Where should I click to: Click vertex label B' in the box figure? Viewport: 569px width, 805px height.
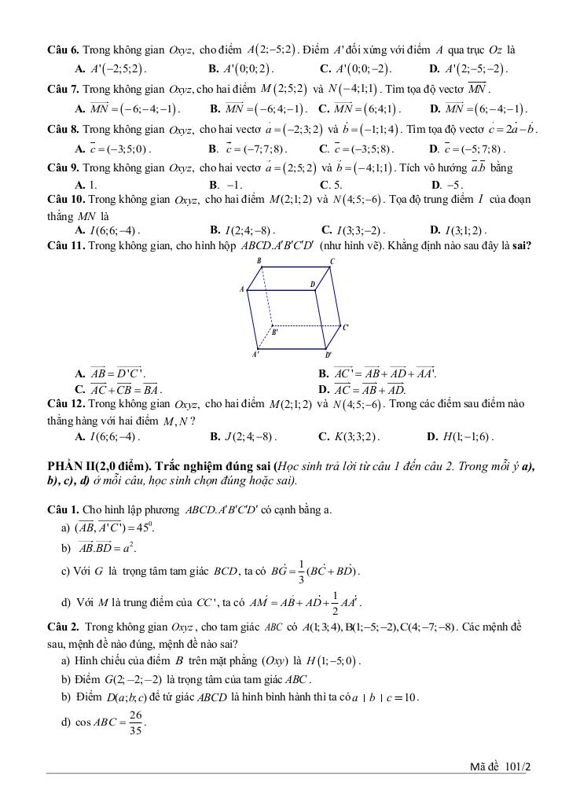coord(276,332)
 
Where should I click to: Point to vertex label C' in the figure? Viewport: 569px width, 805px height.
coord(347,327)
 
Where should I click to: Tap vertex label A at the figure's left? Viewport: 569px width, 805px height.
coord(242,289)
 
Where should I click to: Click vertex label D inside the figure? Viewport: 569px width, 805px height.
coord(312,285)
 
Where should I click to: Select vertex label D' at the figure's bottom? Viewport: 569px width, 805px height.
coord(328,355)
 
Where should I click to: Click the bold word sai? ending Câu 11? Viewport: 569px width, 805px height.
coord(522,245)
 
